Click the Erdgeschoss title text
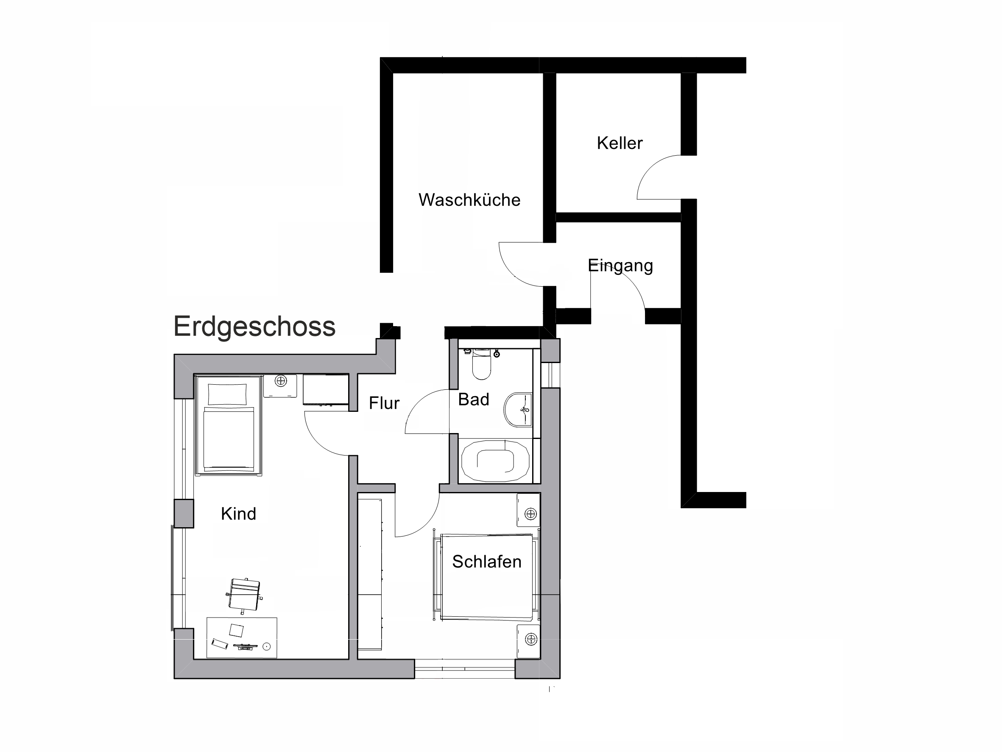(254, 327)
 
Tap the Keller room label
(619, 143)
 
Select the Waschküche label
(469, 200)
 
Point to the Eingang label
(620, 266)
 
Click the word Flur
(384, 403)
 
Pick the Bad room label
(473, 400)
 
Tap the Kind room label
(238, 514)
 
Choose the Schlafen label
(486, 562)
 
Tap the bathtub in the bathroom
(495, 461)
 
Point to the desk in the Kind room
(242, 638)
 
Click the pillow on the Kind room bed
(227, 394)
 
